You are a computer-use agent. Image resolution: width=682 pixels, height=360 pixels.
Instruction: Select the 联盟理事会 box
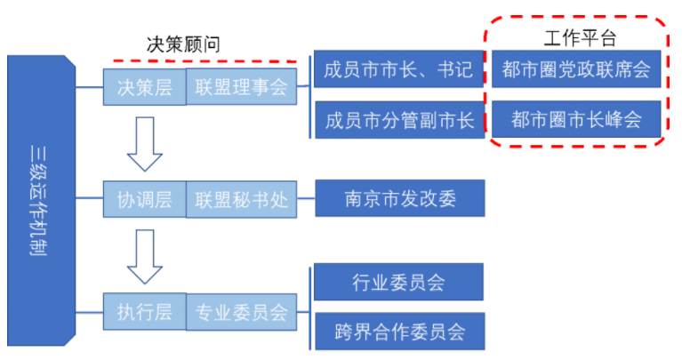click(240, 87)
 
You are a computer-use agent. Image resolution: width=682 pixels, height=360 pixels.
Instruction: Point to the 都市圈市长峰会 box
click(576, 119)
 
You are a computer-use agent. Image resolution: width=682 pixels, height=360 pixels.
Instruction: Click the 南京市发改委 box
click(399, 199)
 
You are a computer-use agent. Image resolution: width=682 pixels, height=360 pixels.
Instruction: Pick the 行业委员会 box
click(399, 283)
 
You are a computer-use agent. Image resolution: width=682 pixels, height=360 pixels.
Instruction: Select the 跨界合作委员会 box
click(399, 332)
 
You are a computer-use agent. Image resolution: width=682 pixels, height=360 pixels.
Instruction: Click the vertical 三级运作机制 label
click(37, 200)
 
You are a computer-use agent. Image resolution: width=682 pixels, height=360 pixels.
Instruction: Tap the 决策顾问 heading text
click(182, 44)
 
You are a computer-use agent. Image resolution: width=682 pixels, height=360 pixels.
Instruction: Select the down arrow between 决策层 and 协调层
click(145, 143)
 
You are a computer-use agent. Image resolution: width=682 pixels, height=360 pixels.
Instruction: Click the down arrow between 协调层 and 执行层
click(145, 256)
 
